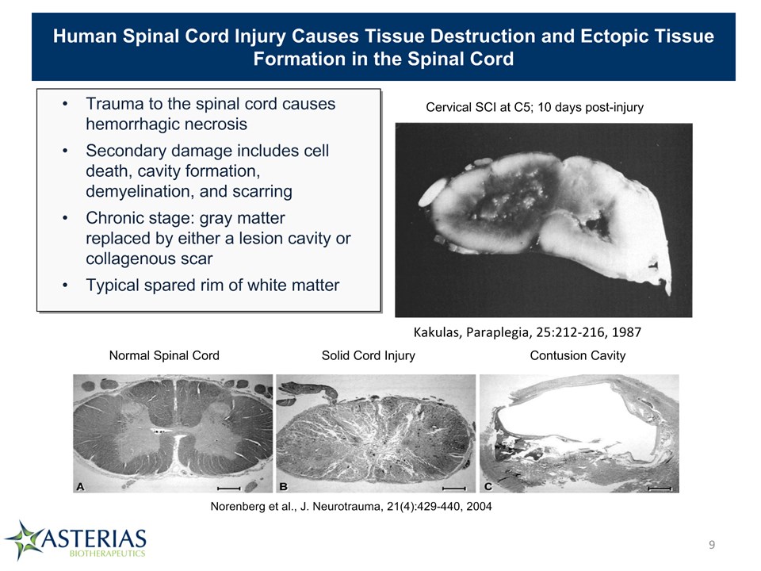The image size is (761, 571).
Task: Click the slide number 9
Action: click(x=712, y=545)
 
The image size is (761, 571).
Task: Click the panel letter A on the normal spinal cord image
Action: click(x=81, y=486)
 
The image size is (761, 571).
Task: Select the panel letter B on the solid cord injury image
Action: click(x=284, y=486)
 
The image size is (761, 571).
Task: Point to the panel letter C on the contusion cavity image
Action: click(x=488, y=486)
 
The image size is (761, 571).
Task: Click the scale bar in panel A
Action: click(x=229, y=488)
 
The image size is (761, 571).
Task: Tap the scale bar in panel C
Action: click(x=660, y=489)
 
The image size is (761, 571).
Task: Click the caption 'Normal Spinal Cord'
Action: click(x=164, y=355)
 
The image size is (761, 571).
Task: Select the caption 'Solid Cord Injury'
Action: click(x=369, y=355)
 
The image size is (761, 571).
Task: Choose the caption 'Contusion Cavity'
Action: click(x=578, y=355)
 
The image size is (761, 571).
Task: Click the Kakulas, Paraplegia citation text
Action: click(x=527, y=332)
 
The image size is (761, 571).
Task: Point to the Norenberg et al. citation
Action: click(x=351, y=507)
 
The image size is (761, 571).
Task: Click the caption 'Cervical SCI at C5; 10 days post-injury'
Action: click(x=534, y=107)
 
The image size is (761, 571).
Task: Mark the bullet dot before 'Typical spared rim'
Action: click(x=65, y=285)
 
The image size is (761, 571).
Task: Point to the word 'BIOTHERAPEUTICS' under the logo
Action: click(x=107, y=554)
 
